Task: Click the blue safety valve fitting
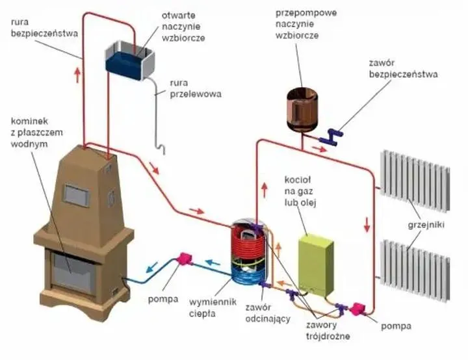[335, 136]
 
